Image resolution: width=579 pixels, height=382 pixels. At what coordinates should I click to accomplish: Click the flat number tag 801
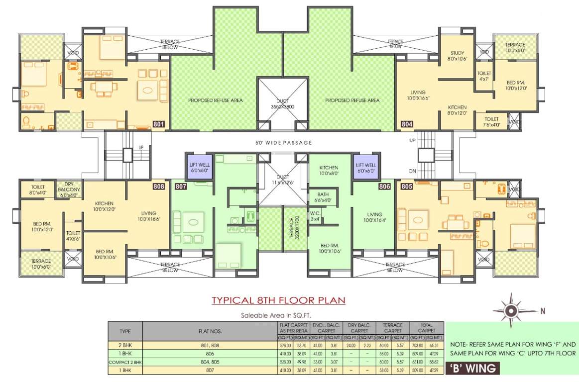pyautogui.click(x=159, y=124)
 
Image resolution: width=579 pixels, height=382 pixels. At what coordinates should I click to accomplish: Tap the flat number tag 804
pyautogui.click(x=407, y=124)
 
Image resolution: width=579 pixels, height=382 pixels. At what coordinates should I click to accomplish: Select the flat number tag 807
pyautogui.click(x=181, y=187)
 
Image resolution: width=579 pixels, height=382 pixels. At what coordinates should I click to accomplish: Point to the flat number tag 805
pyautogui.click(x=407, y=187)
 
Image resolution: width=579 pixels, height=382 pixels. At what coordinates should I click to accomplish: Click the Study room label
pyautogui.click(x=457, y=56)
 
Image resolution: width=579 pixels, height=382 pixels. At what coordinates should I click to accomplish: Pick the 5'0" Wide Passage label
pyautogui.click(x=283, y=143)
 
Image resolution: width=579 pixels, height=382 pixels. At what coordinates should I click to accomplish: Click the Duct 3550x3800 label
pyautogui.click(x=283, y=103)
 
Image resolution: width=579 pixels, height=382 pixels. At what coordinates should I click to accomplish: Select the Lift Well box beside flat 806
pyautogui.click(x=365, y=167)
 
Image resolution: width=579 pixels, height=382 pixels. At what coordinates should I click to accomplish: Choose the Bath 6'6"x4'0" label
pyautogui.click(x=324, y=197)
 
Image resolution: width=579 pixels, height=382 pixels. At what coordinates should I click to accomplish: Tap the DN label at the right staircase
pyautogui.click(x=412, y=171)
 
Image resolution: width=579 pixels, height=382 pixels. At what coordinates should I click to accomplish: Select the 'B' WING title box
pyautogui.click(x=472, y=369)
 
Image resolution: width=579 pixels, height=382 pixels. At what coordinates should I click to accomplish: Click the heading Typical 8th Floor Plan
pyautogui.click(x=278, y=300)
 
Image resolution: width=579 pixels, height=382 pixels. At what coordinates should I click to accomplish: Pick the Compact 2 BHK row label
pyautogui.click(x=125, y=362)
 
